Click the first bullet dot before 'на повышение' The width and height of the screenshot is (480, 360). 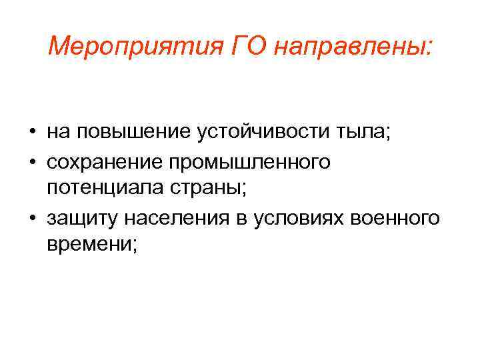[31, 132]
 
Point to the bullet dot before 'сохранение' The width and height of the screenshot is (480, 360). [31, 162]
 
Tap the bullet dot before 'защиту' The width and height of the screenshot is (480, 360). [31, 218]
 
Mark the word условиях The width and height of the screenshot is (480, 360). [301, 218]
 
